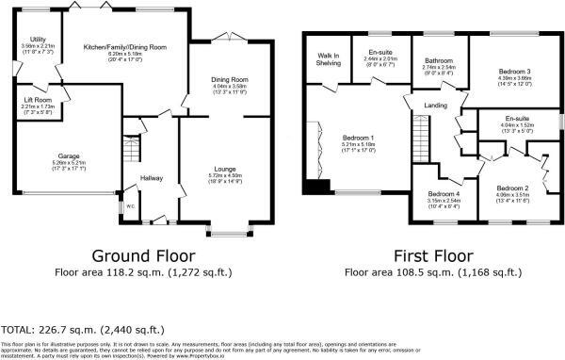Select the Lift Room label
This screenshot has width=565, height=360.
point(38,100)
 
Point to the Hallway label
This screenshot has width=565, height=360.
point(153,177)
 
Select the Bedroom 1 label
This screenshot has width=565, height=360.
point(358,138)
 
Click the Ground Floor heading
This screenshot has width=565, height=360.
point(145,255)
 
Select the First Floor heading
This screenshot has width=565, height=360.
point(433,255)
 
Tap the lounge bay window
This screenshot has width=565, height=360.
point(226,231)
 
